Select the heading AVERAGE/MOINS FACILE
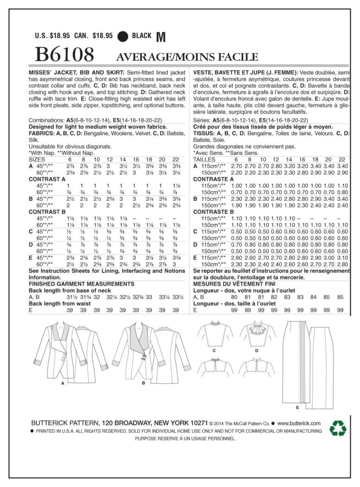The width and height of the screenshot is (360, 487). point(181,57)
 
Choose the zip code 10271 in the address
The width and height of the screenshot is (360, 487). point(197,423)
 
